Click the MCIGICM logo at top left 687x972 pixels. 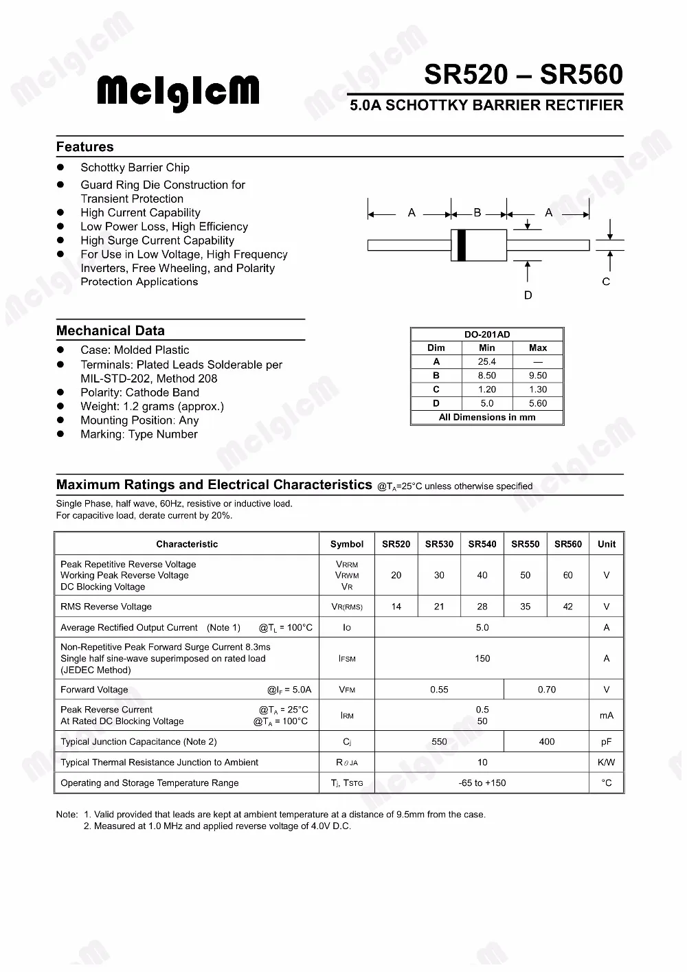pyautogui.click(x=178, y=93)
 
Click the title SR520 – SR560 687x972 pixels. pyautogui.click(x=523, y=75)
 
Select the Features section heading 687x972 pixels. pyautogui.click(x=85, y=147)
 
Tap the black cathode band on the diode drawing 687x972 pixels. pyautogui.click(x=461, y=245)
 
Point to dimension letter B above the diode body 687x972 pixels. pyautogui.click(x=477, y=213)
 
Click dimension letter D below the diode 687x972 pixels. pyautogui.click(x=528, y=295)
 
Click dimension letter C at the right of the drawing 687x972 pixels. pyautogui.click(x=606, y=282)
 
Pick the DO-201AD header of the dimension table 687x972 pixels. pyautogui.click(x=487, y=335)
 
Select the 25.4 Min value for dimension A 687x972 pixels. pyautogui.click(x=487, y=362)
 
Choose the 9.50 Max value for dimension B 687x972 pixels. pyautogui.click(x=538, y=376)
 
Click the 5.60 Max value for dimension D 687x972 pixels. pyautogui.click(x=538, y=404)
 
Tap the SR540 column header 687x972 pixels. pyautogui.click(x=482, y=544)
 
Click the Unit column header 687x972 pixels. pyautogui.click(x=607, y=544)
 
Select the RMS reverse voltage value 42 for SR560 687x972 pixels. pyautogui.click(x=567, y=607)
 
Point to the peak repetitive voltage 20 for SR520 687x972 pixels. pyautogui.click(x=396, y=576)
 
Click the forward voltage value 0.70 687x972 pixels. pyautogui.click(x=547, y=690)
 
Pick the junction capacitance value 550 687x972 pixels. pyautogui.click(x=439, y=742)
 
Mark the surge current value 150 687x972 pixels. pyautogui.click(x=482, y=659)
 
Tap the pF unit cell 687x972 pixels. pyautogui.click(x=607, y=742)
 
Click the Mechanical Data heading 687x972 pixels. pyautogui.click(x=111, y=330)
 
